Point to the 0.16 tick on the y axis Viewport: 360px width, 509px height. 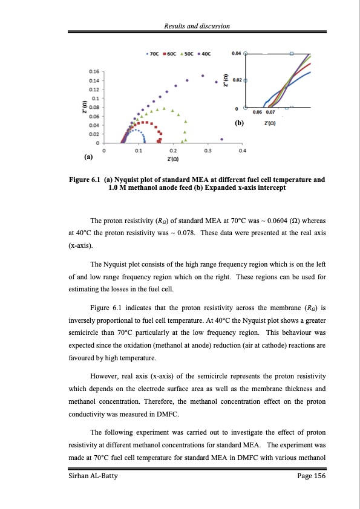click(x=93, y=71)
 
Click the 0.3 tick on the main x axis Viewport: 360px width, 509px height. click(x=208, y=151)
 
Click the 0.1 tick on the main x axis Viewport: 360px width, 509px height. click(x=139, y=151)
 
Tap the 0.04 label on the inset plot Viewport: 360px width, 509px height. click(x=236, y=53)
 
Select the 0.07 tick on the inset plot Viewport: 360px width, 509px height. click(x=270, y=112)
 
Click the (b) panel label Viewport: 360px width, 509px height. click(x=240, y=124)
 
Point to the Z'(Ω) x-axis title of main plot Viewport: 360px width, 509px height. click(x=172, y=160)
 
